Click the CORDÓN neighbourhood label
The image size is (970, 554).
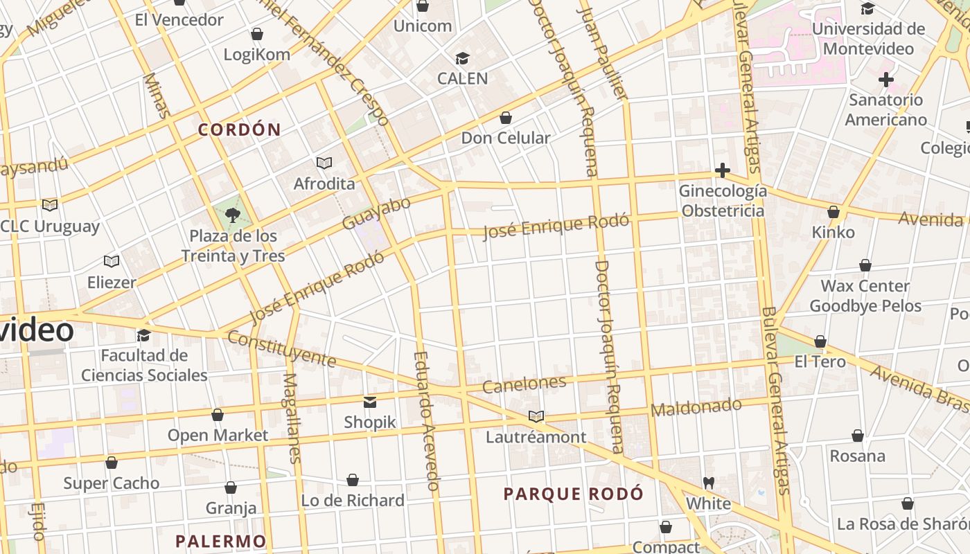240,129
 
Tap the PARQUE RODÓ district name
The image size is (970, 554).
573,494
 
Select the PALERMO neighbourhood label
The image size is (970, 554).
220,541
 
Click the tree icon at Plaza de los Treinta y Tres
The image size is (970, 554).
233,215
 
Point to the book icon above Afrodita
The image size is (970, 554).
324,163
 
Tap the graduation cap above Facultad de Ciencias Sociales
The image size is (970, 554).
144,335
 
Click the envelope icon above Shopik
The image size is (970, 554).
370,402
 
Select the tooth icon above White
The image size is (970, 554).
708,483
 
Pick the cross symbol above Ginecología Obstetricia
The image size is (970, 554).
723,170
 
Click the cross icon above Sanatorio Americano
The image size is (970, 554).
885,80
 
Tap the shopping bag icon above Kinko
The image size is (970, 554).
834,212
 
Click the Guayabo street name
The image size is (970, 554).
376,213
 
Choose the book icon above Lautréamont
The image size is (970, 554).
536,417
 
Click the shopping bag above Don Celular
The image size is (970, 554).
506,118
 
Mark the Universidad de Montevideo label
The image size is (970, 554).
868,39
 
